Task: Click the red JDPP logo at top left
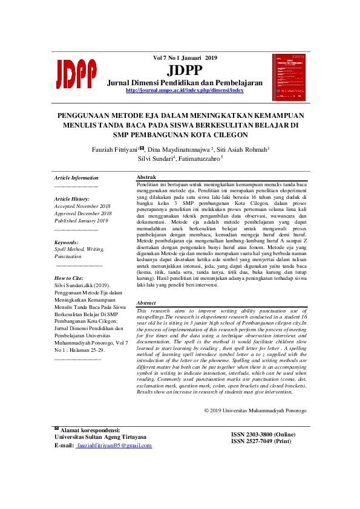point(76,74)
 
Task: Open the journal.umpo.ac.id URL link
point(184,90)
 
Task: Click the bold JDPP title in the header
point(184,70)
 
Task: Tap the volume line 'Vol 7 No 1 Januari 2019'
point(184,58)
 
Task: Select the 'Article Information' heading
point(76,178)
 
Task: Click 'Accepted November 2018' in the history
point(82,206)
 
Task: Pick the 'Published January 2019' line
point(81,221)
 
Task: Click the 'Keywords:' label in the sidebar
point(67,242)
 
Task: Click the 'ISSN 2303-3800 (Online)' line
point(263,435)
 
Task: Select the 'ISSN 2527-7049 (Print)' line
point(260,441)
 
